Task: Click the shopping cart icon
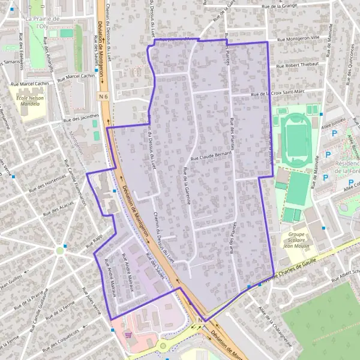127,335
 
